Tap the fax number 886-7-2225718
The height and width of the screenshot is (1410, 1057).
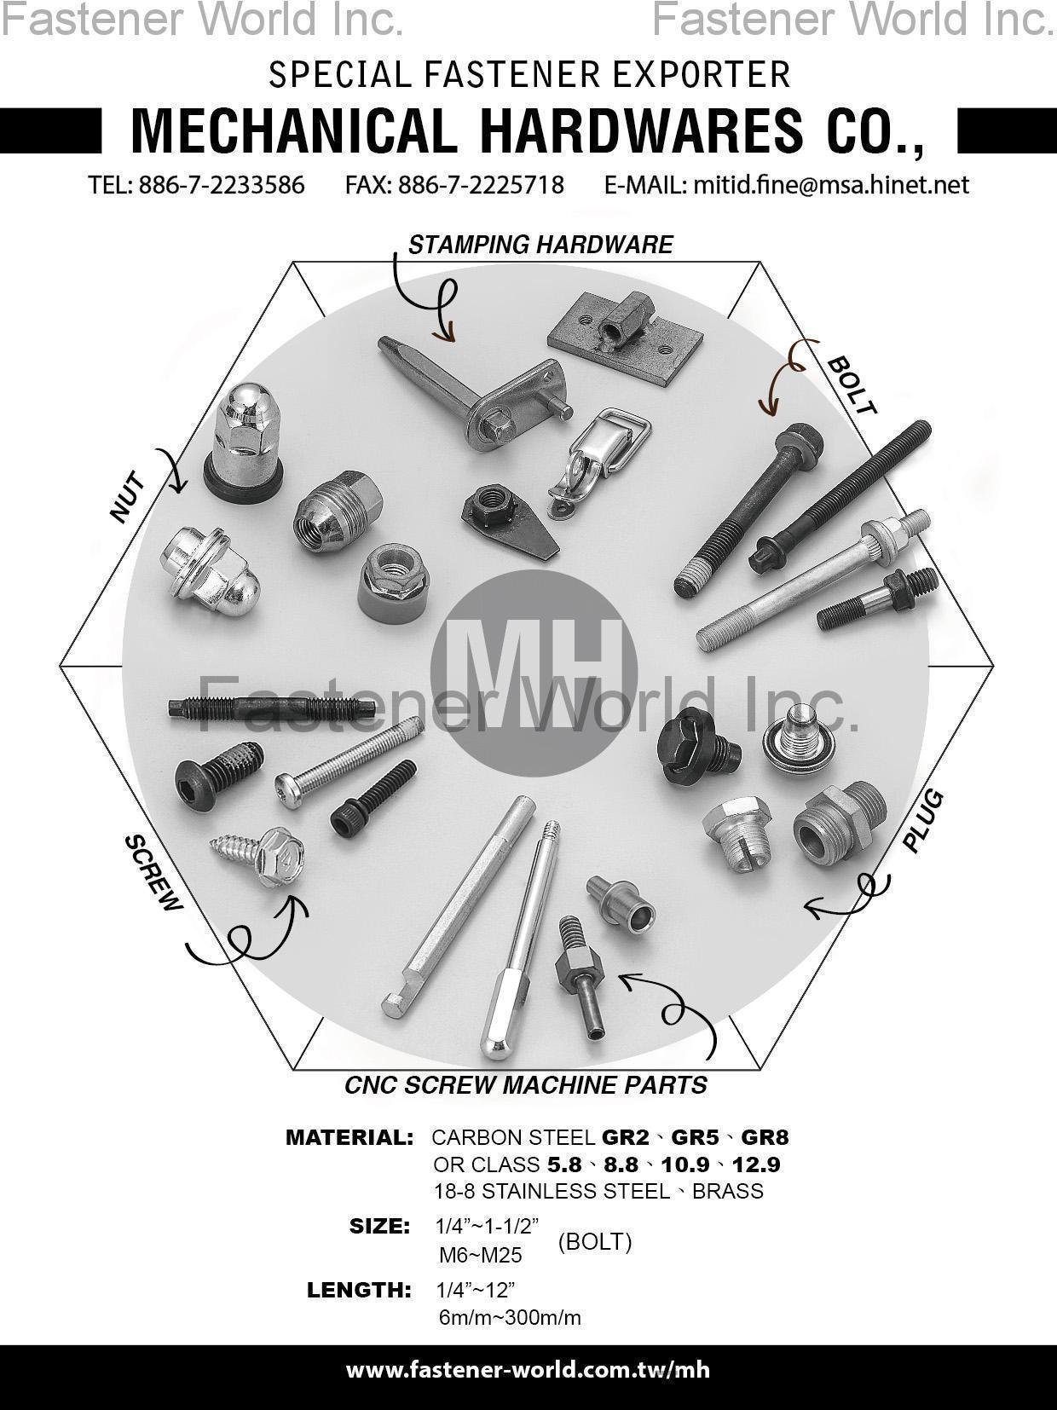click(x=481, y=185)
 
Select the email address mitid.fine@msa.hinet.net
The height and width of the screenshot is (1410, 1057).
click(x=831, y=185)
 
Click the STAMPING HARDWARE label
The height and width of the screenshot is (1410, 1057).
click(x=540, y=246)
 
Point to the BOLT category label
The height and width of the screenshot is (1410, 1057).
click(x=852, y=386)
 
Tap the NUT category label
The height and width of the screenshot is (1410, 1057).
click(x=129, y=497)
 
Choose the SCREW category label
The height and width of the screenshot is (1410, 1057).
click(x=154, y=873)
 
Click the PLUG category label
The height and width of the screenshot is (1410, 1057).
click(x=923, y=821)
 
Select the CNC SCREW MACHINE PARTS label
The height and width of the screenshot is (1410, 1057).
click(x=526, y=1085)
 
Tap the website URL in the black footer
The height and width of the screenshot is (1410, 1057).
click(x=528, y=1370)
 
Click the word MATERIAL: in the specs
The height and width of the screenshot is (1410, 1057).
click(x=349, y=1137)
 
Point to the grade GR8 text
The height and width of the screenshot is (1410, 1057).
click(x=765, y=1137)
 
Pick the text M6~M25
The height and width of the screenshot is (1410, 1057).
click(x=481, y=1255)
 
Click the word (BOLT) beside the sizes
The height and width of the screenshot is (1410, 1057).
click(x=595, y=1242)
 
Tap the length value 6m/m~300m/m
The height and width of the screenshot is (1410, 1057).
click(x=510, y=1317)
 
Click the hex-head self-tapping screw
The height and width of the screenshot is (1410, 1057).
click(x=260, y=855)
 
